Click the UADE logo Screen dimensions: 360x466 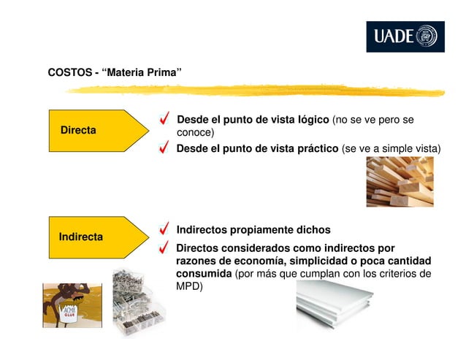(405, 37)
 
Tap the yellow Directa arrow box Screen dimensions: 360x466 (95, 130)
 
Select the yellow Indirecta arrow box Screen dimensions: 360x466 (95, 237)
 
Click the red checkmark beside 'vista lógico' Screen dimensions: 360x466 (167, 120)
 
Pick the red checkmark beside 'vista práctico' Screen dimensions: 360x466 (167, 149)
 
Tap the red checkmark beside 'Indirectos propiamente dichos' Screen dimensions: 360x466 (167, 230)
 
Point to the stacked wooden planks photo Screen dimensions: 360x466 (400, 182)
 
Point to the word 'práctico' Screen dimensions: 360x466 (314, 149)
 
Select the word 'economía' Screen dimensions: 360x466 (257, 261)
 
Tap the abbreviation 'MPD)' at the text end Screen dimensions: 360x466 (190, 286)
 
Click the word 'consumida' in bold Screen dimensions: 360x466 (203, 274)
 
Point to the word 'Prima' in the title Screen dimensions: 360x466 (164, 72)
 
